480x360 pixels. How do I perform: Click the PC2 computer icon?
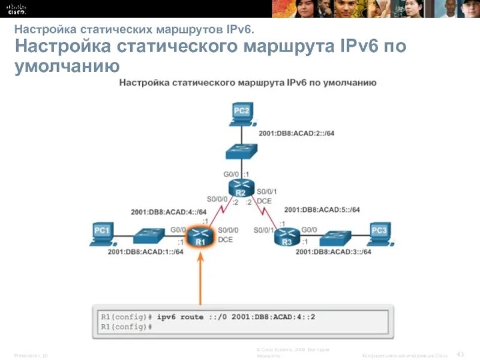click(x=241, y=113)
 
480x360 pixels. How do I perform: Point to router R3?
click(x=287, y=238)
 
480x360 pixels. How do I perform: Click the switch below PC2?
click(x=241, y=154)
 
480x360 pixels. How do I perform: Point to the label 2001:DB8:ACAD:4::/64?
click(x=169, y=212)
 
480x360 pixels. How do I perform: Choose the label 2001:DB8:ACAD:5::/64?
click(x=322, y=209)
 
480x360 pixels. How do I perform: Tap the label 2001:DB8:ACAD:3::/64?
click(x=333, y=252)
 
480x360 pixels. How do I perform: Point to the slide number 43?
click(x=460, y=352)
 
